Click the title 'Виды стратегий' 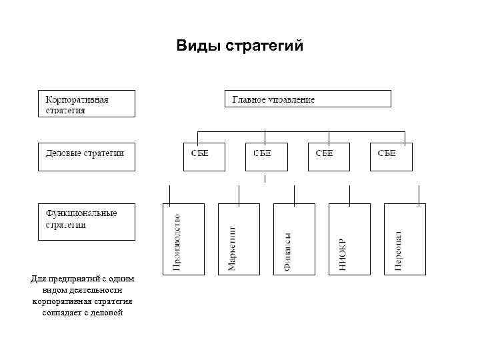pyautogui.click(x=239, y=46)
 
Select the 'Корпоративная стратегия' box pyautogui.click(x=85, y=103)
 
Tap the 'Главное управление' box pyautogui.click(x=307, y=99)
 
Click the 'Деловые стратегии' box pyautogui.click(x=85, y=156)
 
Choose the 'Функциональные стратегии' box pyautogui.click(x=85, y=221)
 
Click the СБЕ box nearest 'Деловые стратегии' pyautogui.click(x=203, y=156)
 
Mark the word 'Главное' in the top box pyautogui.click(x=252, y=99)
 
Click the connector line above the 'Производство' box pyautogui.click(x=170, y=195)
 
